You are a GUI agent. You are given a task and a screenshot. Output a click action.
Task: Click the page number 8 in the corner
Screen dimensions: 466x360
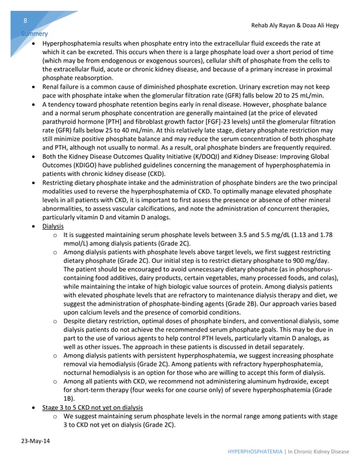(25, 21)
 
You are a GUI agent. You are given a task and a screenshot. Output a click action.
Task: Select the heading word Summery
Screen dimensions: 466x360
(33, 34)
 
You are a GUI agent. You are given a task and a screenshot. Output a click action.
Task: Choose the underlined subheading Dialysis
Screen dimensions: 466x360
(53, 226)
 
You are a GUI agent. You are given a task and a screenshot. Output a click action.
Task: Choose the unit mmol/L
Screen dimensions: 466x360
(76, 244)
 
